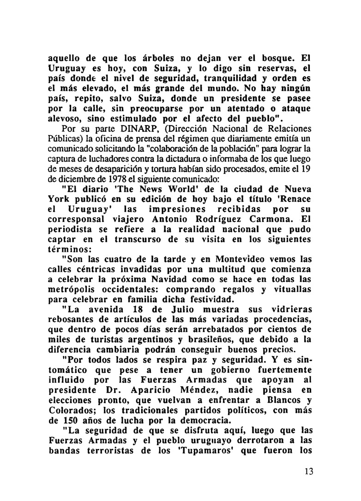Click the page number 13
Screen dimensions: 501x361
[308, 471]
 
